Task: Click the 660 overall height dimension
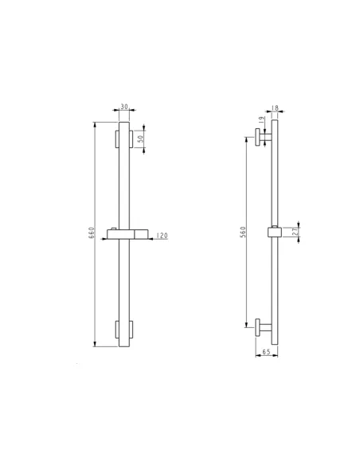tap(92, 232)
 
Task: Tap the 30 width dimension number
tap(124, 107)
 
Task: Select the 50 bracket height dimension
tap(142, 139)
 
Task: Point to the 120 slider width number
tap(162, 236)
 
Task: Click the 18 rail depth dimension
tap(276, 108)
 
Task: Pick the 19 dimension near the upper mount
tap(261, 120)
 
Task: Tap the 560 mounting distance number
tap(243, 232)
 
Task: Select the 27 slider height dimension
tap(295, 232)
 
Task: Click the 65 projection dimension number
tap(266, 352)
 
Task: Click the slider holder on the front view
tap(127, 234)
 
